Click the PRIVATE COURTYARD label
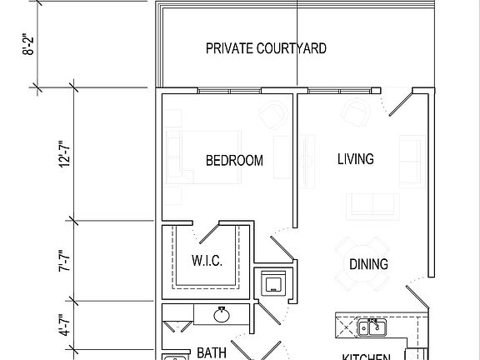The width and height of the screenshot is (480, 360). pyautogui.click(x=266, y=48)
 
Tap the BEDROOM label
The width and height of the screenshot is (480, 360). pyautogui.click(x=234, y=161)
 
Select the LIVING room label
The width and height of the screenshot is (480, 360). pyautogui.click(x=355, y=158)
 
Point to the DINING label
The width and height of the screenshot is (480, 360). pyautogui.click(x=368, y=265)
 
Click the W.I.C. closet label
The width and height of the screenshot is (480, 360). pyautogui.click(x=207, y=262)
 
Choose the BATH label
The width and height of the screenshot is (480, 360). pyautogui.click(x=212, y=353)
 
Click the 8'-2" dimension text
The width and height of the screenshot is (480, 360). pyautogui.click(x=28, y=42)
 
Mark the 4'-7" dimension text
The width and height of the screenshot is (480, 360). pyautogui.click(x=65, y=323)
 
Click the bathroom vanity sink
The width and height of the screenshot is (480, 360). pyautogui.click(x=222, y=315)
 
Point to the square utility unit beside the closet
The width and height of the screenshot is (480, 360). pyautogui.click(x=274, y=283)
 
